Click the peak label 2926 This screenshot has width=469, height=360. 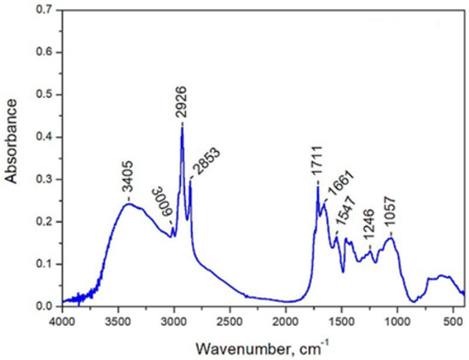coord(182,102)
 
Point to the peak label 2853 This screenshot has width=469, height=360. coord(206,162)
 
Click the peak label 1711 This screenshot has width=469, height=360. coord(316,162)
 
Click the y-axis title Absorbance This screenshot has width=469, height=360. coord(11,141)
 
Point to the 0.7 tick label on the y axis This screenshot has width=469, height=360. coord(43,9)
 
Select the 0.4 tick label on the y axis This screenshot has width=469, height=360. coord(43,137)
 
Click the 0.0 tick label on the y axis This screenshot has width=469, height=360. coord(43,306)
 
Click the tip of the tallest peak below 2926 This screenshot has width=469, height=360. coord(182,127)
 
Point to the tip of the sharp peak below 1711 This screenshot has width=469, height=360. coord(318,187)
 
